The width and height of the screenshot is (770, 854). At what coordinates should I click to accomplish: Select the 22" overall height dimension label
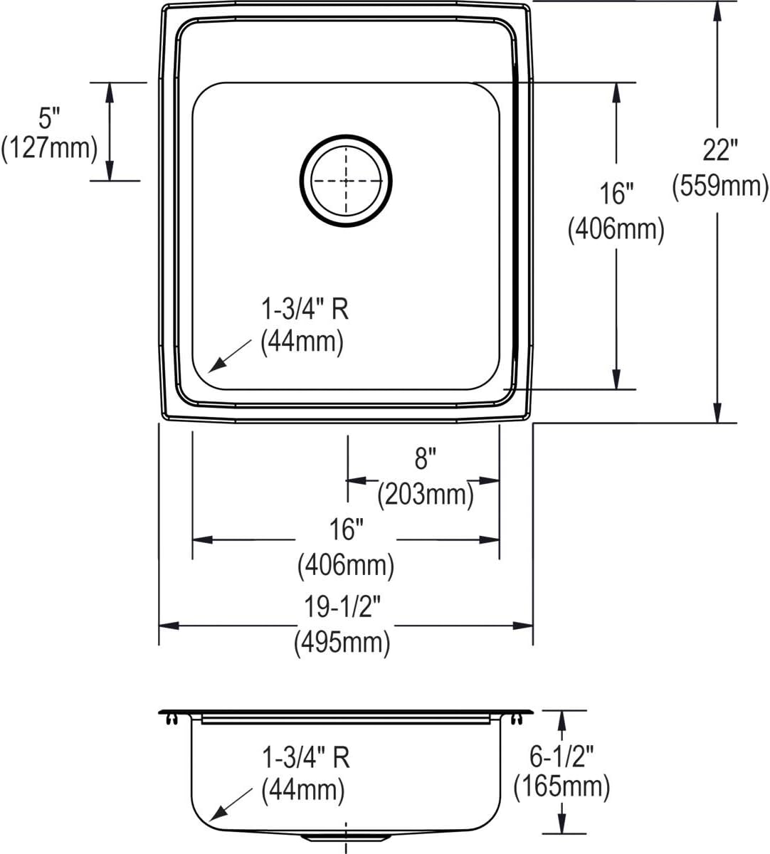[720, 150]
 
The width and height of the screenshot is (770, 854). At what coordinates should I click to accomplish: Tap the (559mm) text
[720, 186]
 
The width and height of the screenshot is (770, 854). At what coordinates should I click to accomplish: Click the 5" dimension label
[49, 118]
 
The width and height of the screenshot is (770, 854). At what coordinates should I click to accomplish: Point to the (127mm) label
[49, 149]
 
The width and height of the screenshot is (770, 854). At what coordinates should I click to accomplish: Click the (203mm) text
[426, 495]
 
